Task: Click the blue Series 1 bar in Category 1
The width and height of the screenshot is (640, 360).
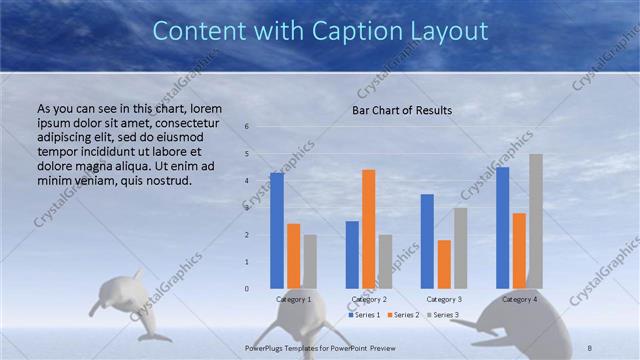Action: pos(277,231)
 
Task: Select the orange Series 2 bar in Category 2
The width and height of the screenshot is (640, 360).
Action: pos(369,229)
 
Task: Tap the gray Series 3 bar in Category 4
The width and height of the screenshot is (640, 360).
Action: pos(536,221)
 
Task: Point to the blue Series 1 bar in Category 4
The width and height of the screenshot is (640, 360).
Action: pos(503,228)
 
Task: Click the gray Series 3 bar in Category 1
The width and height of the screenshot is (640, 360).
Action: pos(310,262)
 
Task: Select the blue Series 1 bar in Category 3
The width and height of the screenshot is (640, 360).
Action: pos(427,241)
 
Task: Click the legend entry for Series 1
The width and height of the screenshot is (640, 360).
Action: pos(364,315)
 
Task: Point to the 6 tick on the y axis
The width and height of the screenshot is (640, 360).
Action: pos(247,127)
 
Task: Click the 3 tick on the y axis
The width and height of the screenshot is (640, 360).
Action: pos(247,208)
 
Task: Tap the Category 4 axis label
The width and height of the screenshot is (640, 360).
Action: pos(519,299)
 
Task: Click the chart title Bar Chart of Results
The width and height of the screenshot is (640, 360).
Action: pos(402,110)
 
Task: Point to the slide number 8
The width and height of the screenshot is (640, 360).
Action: pos(590,346)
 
